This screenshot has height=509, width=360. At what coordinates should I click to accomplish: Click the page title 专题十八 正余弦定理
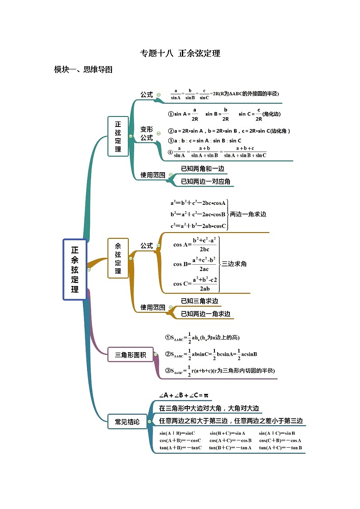click(180, 53)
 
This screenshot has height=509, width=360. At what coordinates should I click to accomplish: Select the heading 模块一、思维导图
click(83, 70)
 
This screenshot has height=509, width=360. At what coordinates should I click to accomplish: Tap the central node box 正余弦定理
click(75, 270)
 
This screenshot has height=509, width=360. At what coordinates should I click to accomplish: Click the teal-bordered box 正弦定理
click(118, 136)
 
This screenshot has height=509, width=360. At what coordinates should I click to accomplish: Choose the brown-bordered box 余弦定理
click(118, 258)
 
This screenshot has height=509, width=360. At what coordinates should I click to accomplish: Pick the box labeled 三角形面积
click(130, 355)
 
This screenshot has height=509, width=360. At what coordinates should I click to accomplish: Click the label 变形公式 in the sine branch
click(146, 133)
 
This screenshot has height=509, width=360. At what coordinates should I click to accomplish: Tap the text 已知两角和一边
click(202, 169)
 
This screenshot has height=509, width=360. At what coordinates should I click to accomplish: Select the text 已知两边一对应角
click(205, 181)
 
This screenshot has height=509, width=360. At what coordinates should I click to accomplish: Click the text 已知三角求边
click(199, 301)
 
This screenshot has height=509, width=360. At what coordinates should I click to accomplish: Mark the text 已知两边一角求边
click(205, 314)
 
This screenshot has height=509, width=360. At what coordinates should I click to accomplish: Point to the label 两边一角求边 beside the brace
click(248, 214)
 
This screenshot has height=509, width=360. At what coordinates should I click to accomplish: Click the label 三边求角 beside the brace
click(234, 264)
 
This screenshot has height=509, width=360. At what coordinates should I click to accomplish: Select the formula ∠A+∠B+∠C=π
click(183, 396)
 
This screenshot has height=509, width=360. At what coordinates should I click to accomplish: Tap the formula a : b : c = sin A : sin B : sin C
click(205, 141)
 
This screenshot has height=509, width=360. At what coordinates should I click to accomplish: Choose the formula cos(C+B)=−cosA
click(280, 441)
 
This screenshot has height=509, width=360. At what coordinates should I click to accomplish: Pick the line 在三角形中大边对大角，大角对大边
click(209, 408)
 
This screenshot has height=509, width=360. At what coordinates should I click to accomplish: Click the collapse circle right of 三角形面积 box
click(156, 354)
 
